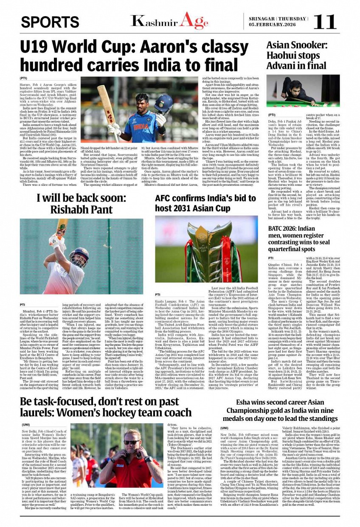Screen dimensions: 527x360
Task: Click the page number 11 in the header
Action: pyautogui.click(x=325, y=21)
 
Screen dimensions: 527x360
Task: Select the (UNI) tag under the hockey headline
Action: pyautogui.click(x=26, y=424)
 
